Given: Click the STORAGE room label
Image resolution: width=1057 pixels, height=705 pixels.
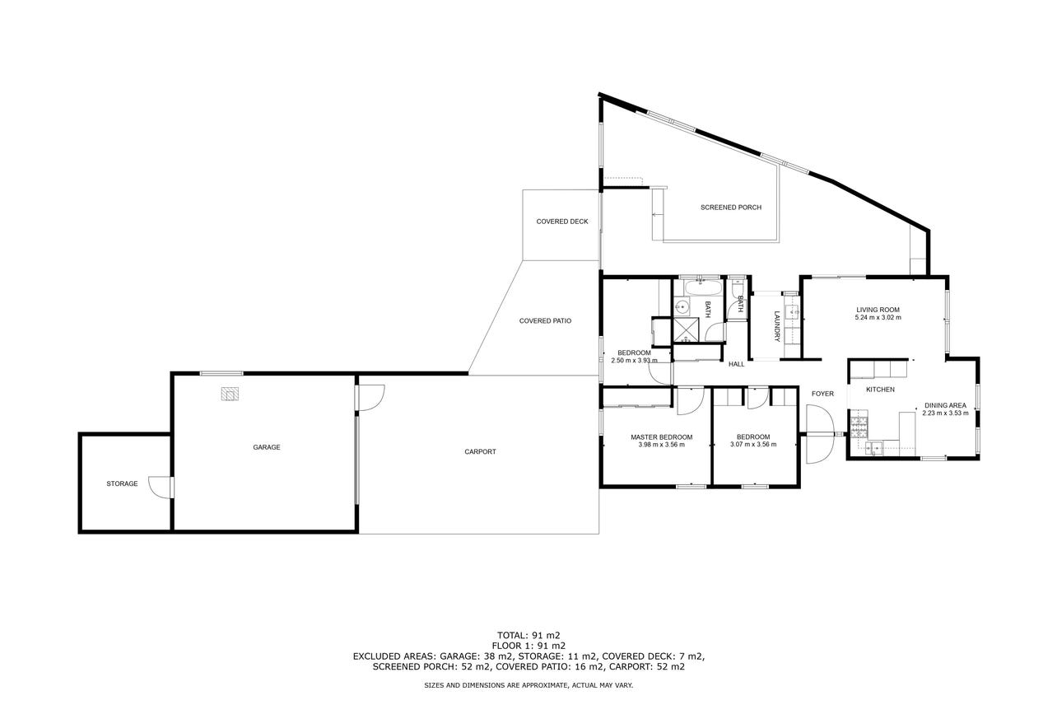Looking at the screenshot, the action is (122, 483).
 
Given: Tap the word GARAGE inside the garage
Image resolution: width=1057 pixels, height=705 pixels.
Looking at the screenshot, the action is (267, 447).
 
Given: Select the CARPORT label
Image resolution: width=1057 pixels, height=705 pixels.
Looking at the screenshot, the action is (481, 451).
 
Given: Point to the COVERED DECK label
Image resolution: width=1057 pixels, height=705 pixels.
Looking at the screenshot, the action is (562, 222).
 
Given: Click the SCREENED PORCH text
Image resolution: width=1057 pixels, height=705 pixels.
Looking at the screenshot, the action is (731, 208).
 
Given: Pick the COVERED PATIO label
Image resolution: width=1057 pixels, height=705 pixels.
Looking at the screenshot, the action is (545, 320).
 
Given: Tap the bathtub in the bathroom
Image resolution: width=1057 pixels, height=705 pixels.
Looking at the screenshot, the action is (702, 287).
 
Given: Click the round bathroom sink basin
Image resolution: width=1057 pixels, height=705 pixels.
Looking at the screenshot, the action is (681, 307).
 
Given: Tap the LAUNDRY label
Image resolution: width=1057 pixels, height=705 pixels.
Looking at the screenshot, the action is (777, 326).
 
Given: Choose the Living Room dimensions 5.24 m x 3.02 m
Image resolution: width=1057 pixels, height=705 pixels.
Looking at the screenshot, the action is (878, 317).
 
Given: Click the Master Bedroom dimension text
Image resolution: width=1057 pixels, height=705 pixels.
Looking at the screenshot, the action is (661, 445).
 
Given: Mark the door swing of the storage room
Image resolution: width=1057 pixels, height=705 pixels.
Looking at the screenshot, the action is (159, 488).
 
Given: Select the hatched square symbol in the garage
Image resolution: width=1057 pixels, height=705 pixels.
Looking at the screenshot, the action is (230, 394).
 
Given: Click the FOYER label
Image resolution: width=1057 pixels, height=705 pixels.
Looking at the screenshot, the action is (822, 394).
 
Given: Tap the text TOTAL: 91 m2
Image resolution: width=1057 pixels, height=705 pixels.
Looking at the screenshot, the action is (528, 635).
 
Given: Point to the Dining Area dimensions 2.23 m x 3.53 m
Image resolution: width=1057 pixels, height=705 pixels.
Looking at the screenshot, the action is (945, 413).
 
